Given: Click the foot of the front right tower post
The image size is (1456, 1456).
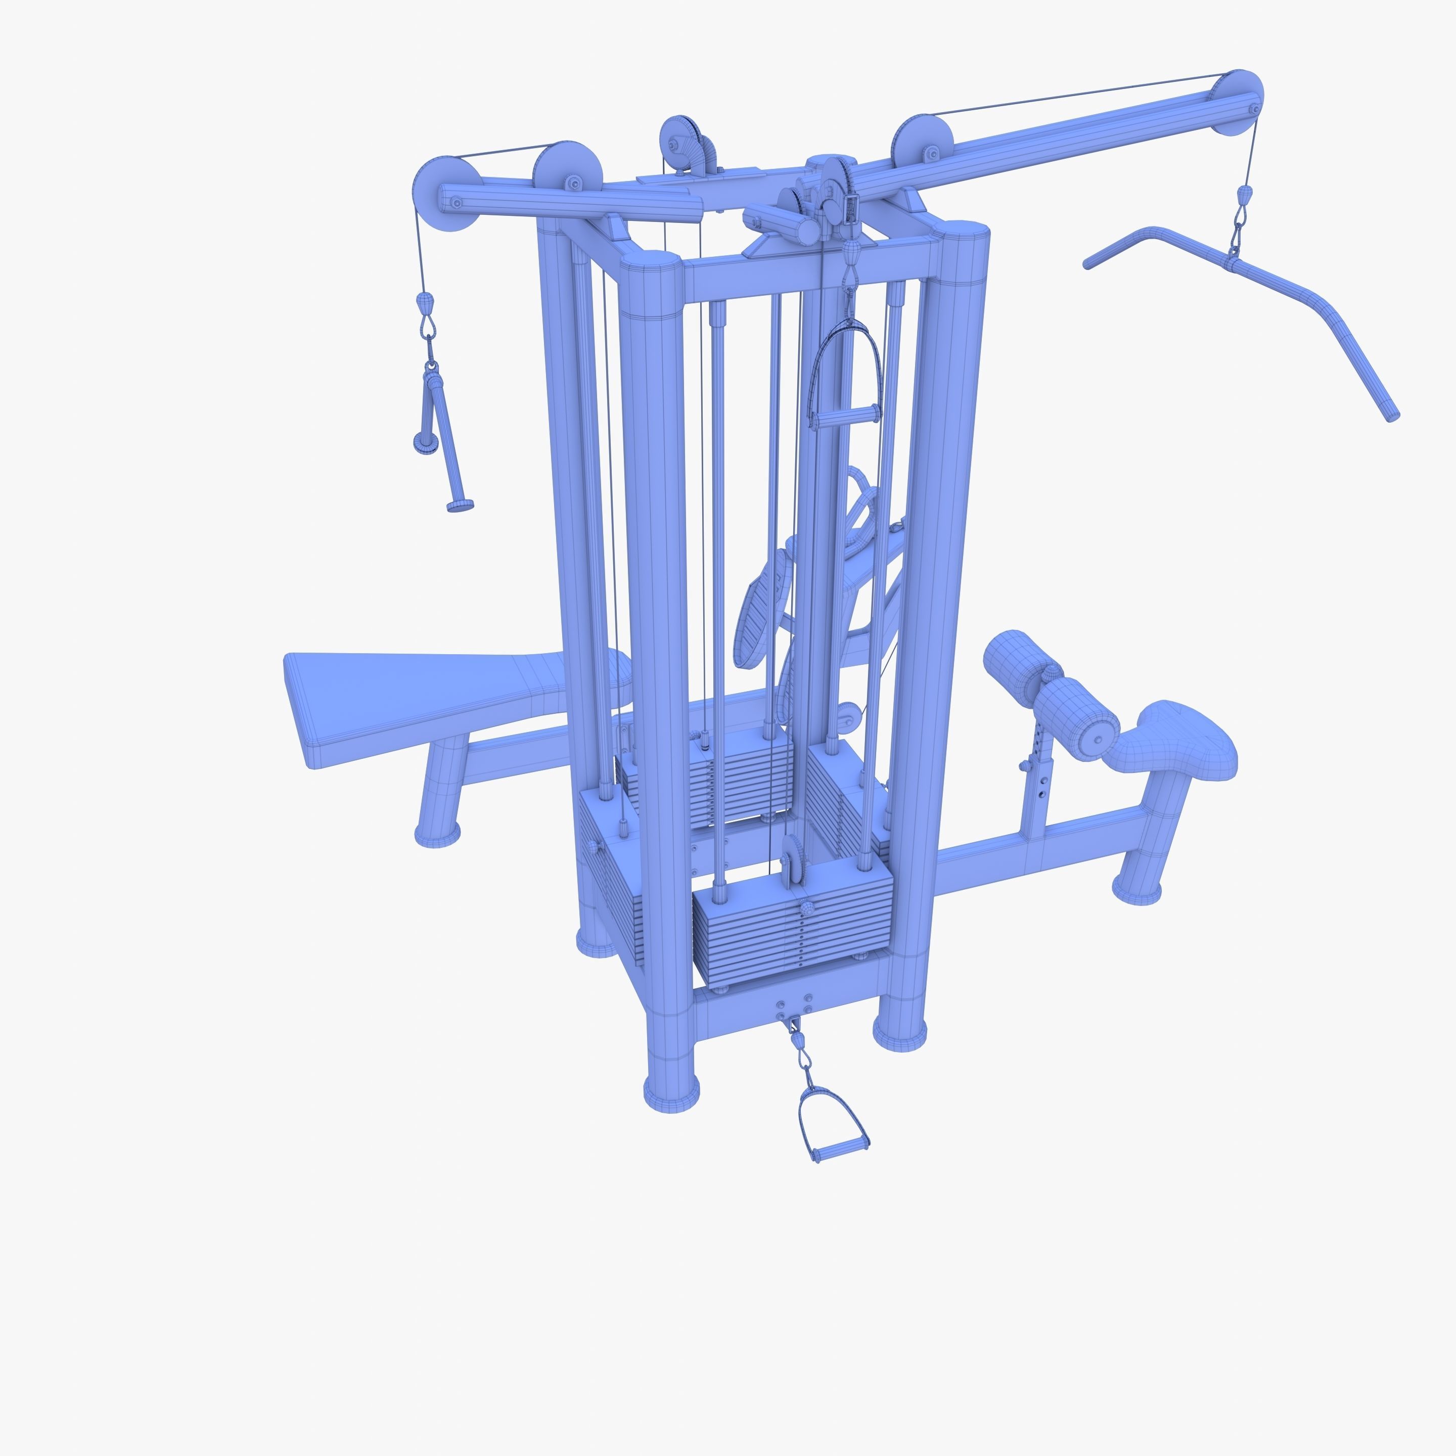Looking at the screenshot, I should click(x=900, y=1032).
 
